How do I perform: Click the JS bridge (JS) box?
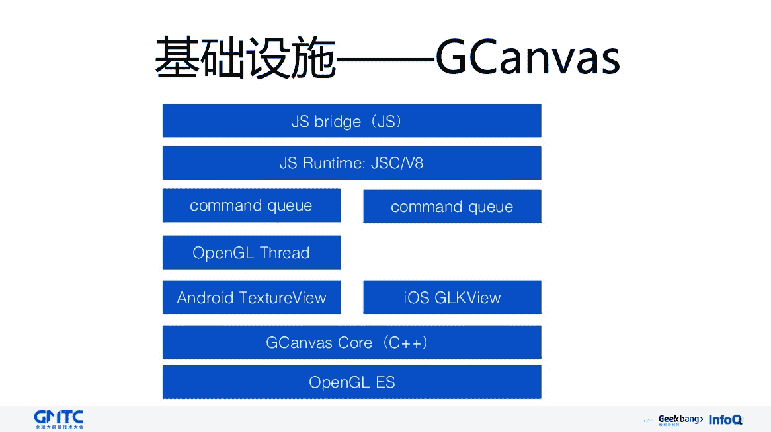tap(352, 121)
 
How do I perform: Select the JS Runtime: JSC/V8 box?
tap(352, 162)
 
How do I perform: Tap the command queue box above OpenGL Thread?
tap(251, 205)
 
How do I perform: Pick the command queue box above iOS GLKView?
tap(452, 207)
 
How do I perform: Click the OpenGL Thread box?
tap(251, 252)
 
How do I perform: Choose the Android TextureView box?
tap(251, 297)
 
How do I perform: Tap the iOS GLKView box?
tap(452, 297)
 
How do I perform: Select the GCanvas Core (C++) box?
tap(352, 342)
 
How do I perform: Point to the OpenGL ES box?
tap(352, 382)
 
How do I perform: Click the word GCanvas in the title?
tap(528, 58)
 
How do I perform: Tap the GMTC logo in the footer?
tap(59, 419)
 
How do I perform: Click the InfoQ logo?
tap(725, 419)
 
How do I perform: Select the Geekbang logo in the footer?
tap(680, 419)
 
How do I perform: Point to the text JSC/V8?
tap(397, 162)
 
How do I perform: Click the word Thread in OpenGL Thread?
tap(285, 252)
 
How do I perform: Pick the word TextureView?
tap(282, 297)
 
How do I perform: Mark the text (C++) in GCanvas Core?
tap(407, 342)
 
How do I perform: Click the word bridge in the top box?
tap(338, 121)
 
